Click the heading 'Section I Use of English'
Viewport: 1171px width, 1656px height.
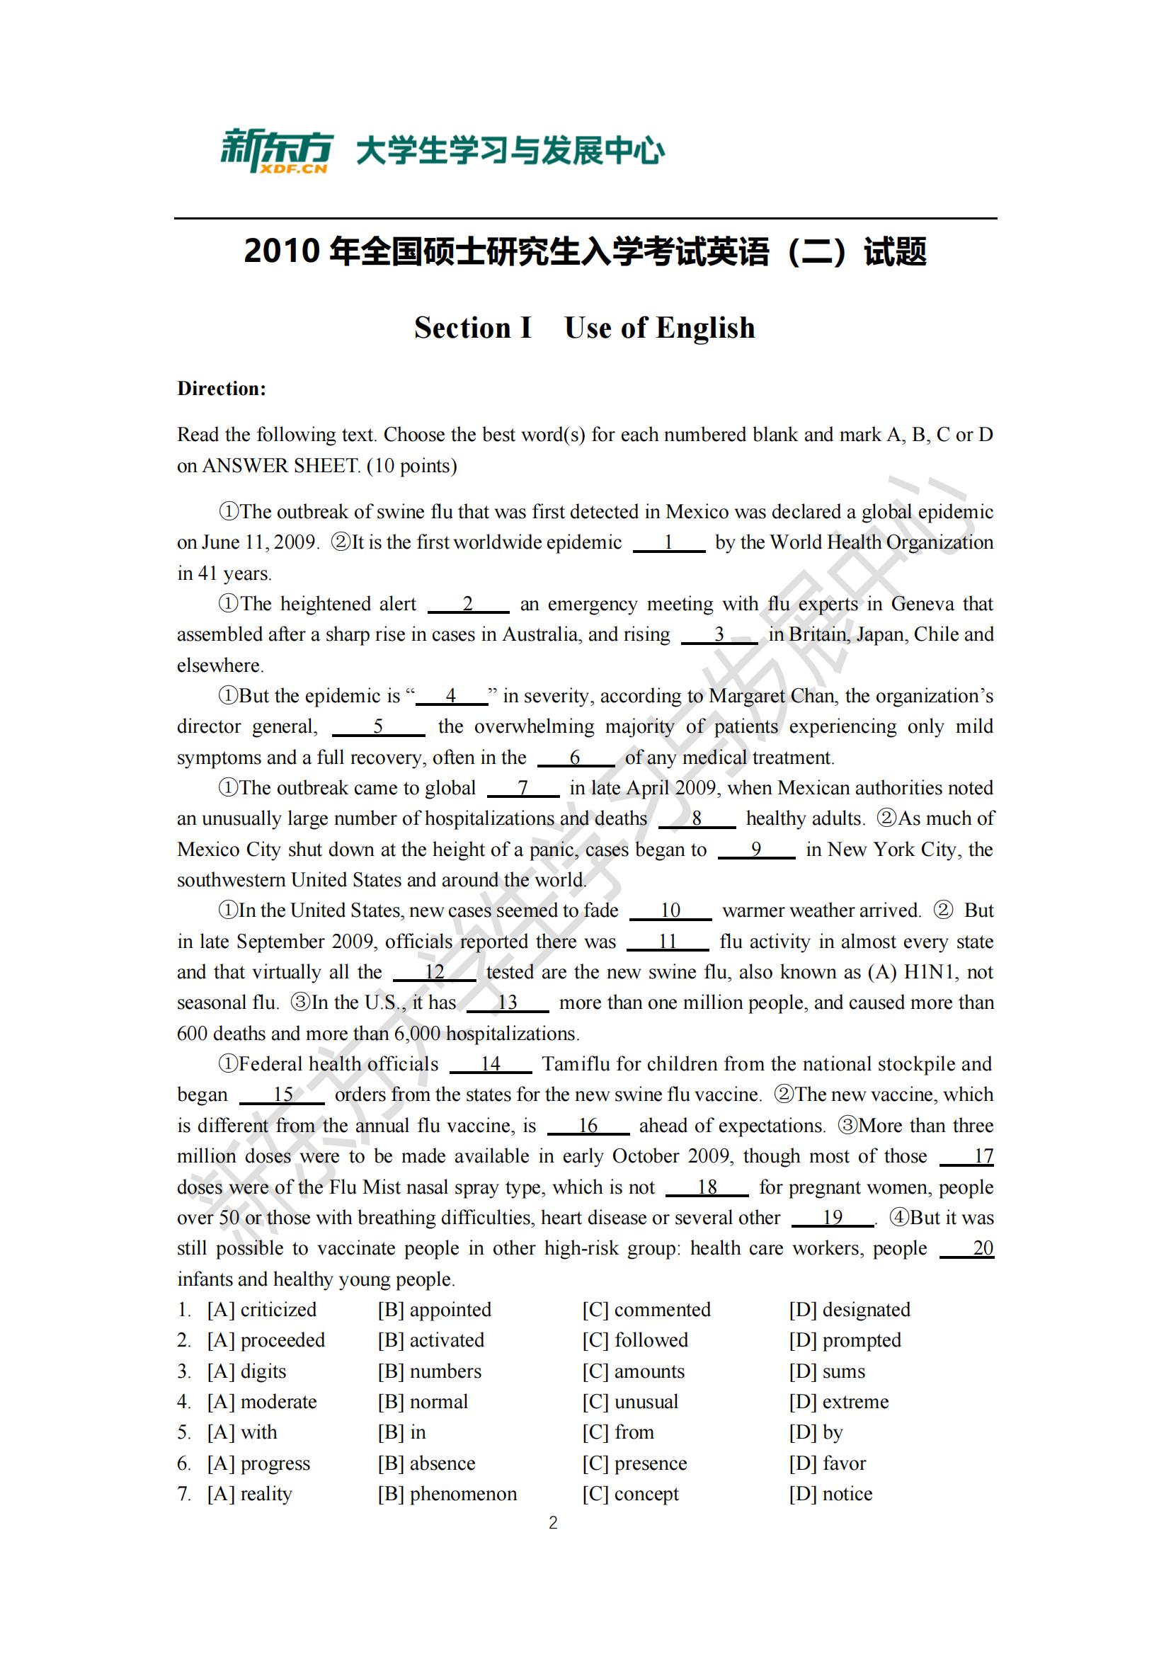585,329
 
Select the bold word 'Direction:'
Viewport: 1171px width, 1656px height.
222,389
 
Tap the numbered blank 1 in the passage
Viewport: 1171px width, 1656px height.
668,542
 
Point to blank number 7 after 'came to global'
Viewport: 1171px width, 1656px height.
522,788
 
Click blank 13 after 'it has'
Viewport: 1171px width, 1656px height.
507,1003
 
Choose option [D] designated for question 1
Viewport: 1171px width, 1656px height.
850,1310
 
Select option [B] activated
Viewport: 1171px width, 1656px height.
430,1340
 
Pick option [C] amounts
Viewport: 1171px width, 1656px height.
633,1371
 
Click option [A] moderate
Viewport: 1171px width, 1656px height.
262,1401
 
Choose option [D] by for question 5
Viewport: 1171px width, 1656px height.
816,1432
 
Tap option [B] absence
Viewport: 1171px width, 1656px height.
426,1463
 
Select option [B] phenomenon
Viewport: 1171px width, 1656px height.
447,1494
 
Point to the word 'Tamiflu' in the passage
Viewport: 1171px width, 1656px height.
574,1065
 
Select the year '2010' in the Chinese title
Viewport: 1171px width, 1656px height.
281,252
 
